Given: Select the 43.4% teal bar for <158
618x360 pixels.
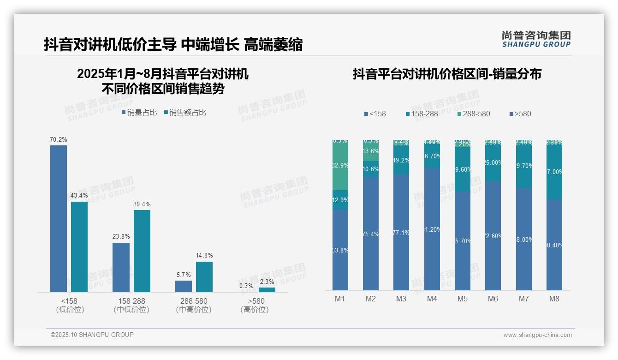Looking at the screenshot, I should tap(79, 246).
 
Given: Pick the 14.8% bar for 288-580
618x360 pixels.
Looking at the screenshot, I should tap(204, 276).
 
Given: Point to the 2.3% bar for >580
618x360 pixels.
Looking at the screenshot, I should tap(267, 290).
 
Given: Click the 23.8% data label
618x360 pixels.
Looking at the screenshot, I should tap(121, 237).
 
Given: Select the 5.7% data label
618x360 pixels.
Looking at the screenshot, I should tap(184, 275).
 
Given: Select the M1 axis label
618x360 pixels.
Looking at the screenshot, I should tap(340, 299).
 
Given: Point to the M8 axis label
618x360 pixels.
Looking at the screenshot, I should tap(554, 299).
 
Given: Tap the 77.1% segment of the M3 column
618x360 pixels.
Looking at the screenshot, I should tap(401, 232).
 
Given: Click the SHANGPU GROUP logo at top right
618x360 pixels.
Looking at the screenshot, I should tap(536, 39).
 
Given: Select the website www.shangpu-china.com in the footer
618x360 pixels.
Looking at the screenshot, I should tap(537, 335).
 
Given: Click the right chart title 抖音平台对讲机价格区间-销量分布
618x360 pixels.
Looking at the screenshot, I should tap(447, 74).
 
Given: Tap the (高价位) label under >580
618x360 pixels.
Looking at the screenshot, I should tap(255, 310).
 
